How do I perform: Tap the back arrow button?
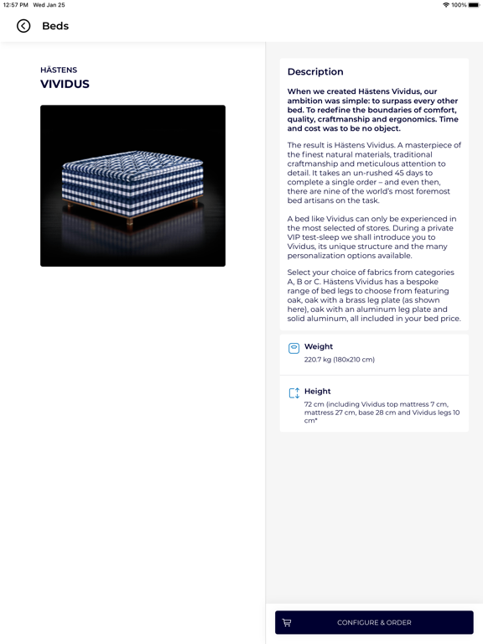tap(23, 26)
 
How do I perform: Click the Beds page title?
tap(55, 26)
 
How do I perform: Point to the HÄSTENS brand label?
tap(59, 70)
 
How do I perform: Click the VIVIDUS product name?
tap(65, 85)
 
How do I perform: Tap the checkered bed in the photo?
tap(132, 180)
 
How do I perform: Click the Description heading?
tap(315, 72)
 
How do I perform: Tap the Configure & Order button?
tap(374, 622)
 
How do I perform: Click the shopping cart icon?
tap(287, 622)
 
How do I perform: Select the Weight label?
tap(319, 346)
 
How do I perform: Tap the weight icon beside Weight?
tap(293, 348)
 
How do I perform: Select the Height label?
tap(318, 391)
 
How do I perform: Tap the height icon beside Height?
tap(293, 392)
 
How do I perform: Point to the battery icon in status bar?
tap(474, 5)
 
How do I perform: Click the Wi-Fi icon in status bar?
tap(445, 5)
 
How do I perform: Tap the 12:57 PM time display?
tap(15, 5)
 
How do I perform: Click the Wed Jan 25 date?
tap(49, 5)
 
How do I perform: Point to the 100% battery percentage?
tap(459, 5)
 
